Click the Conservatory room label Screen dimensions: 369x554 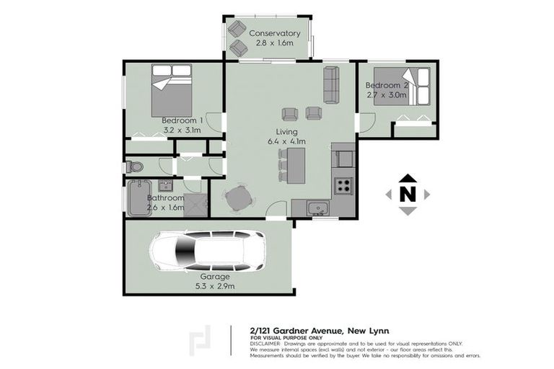(274, 33)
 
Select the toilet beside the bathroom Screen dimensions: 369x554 (134, 167)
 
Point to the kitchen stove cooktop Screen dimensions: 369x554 (342, 185)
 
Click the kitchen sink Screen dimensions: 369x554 (317, 208)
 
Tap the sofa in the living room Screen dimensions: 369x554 (331, 85)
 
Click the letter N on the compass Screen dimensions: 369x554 (408, 194)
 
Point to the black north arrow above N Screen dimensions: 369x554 (408, 178)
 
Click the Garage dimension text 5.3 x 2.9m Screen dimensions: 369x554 (214, 286)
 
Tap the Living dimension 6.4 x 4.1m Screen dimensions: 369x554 (286, 141)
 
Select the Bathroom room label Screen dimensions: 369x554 (166, 198)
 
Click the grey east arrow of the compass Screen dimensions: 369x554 (427, 194)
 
